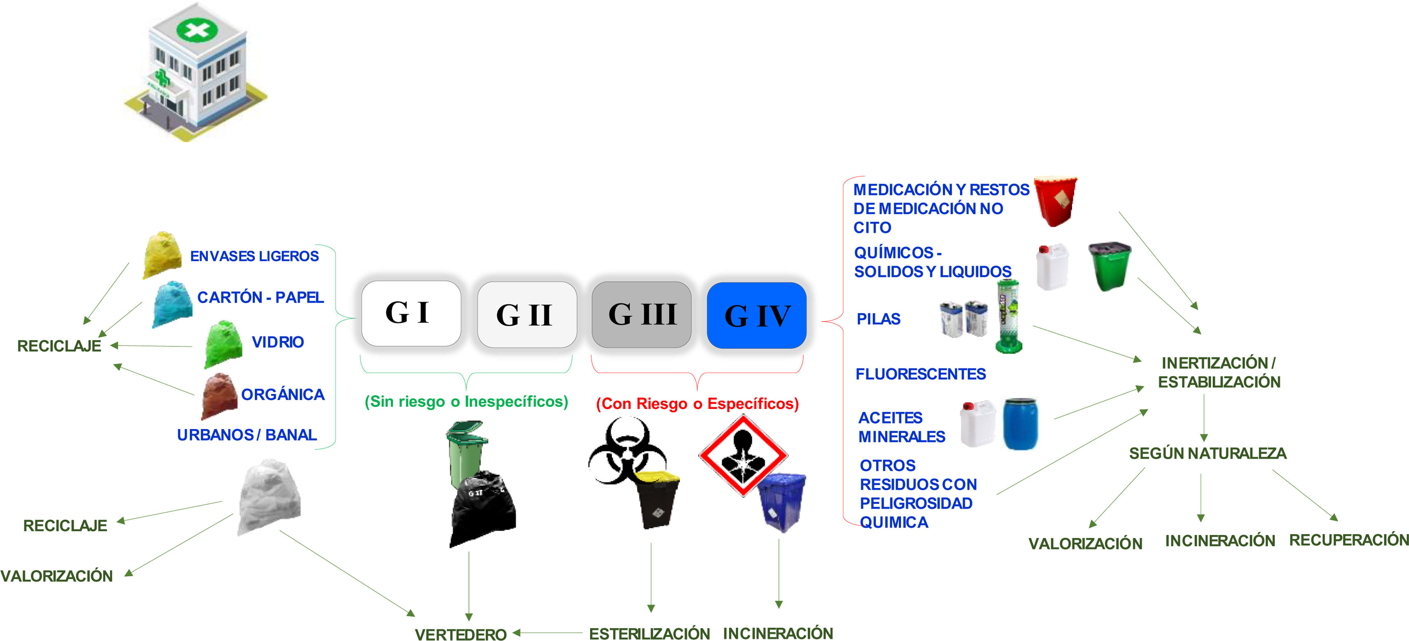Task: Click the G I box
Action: click(411, 313)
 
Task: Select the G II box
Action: click(526, 315)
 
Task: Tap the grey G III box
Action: click(642, 315)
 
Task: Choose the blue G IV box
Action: click(757, 315)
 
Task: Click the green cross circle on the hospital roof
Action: click(196, 30)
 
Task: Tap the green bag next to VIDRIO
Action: click(224, 345)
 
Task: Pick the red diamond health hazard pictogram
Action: click(743, 455)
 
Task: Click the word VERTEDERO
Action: click(461, 634)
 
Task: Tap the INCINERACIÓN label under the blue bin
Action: click(778, 633)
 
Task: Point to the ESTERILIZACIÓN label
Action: click(649, 633)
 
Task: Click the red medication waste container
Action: click(1056, 200)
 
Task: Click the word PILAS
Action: click(878, 319)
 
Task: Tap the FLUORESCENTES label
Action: click(920, 374)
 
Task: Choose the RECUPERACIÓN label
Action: click(1348, 540)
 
